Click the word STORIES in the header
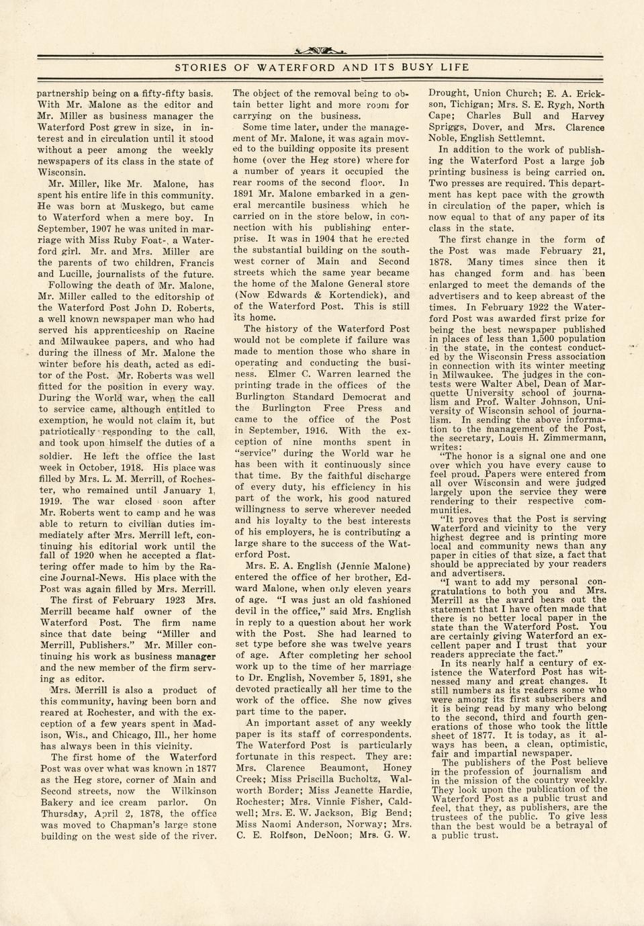(200, 67)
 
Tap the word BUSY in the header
(419, 67)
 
